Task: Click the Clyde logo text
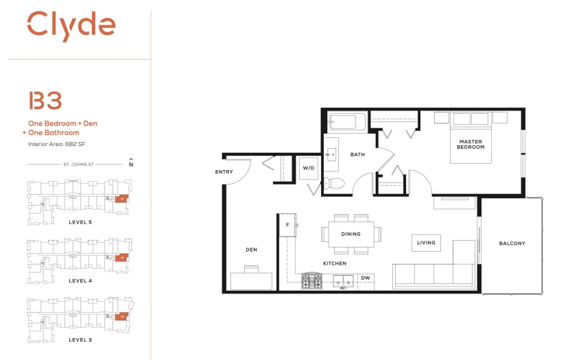[71, 25]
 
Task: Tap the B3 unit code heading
[45, 101]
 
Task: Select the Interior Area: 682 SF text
[57, 144]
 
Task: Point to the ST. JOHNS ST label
[78, 164]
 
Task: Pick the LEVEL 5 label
[80, 222]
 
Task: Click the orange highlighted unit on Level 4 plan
[121, 257]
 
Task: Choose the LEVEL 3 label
[80, 339]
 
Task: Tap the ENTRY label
[224, 172]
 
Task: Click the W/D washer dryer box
[309, 168]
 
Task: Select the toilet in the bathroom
[334, 183]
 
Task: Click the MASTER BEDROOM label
[471, 144]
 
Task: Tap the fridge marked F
[288, 225]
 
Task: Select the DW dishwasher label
[366, 278]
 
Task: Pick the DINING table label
[351, 234]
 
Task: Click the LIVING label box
[426, 243]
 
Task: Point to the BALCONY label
[512, 243]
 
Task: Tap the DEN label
[251, 250]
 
